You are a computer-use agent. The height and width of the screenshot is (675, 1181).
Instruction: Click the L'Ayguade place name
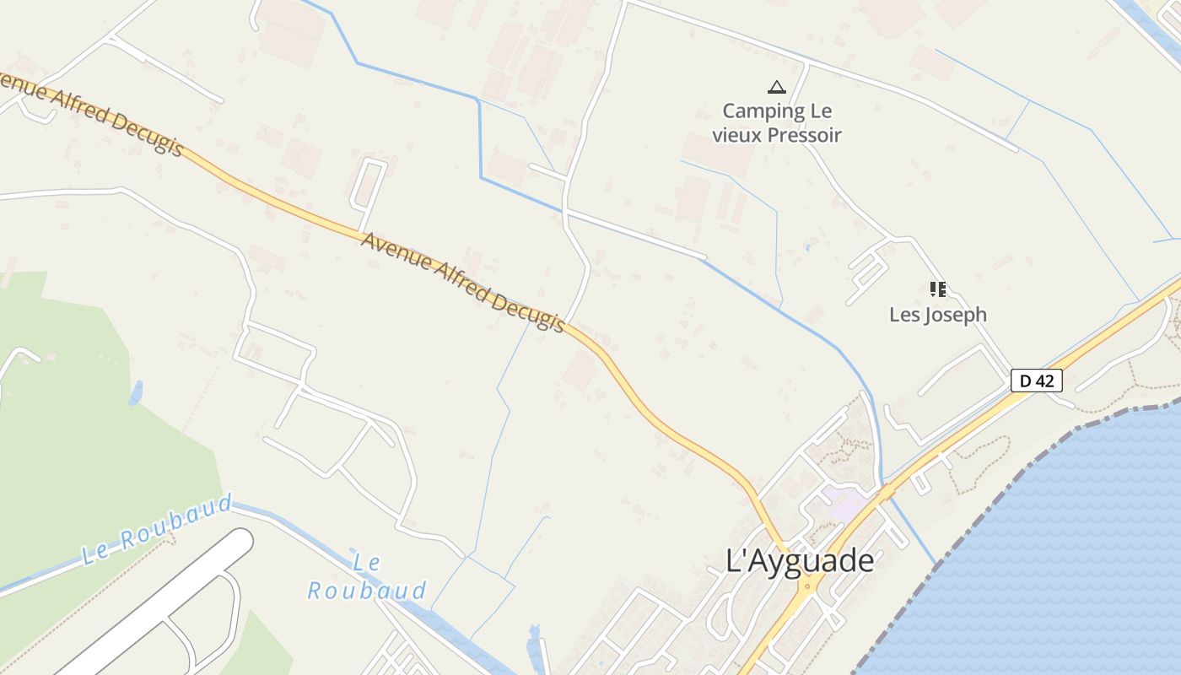(800, 560)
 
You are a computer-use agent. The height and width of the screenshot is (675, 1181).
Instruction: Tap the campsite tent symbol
(776, 86)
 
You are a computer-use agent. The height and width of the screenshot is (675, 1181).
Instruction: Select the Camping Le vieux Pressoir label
(777, 122)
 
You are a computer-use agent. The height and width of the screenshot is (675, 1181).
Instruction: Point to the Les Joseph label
(937, 315)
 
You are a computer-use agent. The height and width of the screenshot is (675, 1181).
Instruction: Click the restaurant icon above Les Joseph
(937, 289)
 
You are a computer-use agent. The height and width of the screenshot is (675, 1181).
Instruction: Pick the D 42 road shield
(1036, 381)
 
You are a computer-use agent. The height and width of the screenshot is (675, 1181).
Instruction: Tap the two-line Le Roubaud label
(367, 577)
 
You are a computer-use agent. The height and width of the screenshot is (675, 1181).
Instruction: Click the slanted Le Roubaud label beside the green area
(158, 530)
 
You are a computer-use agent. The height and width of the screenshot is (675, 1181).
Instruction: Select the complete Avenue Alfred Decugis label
(462, 282)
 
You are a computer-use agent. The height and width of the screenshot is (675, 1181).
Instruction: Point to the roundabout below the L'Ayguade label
(809, 584)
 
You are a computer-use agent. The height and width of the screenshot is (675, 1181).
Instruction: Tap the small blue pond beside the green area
(135, 392)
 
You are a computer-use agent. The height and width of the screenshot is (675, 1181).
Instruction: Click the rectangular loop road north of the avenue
(368, 183)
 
